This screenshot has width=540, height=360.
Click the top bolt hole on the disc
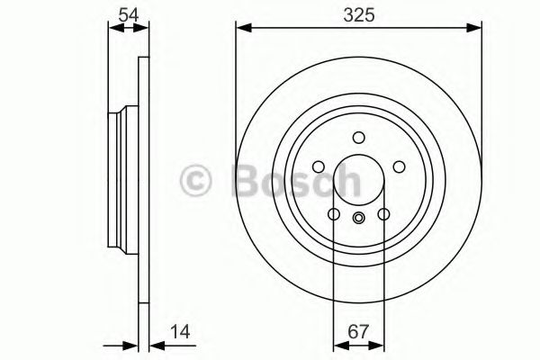pos(358,138)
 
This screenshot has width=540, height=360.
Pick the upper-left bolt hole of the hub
pos(318,166)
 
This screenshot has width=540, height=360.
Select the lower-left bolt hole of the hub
pos(333,214)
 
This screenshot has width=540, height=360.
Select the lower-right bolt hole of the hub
pos(382,214)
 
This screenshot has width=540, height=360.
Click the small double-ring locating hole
pos(358,217)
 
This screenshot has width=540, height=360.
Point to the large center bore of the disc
pos(358,180)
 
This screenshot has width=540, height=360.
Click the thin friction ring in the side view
pos(142,180)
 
